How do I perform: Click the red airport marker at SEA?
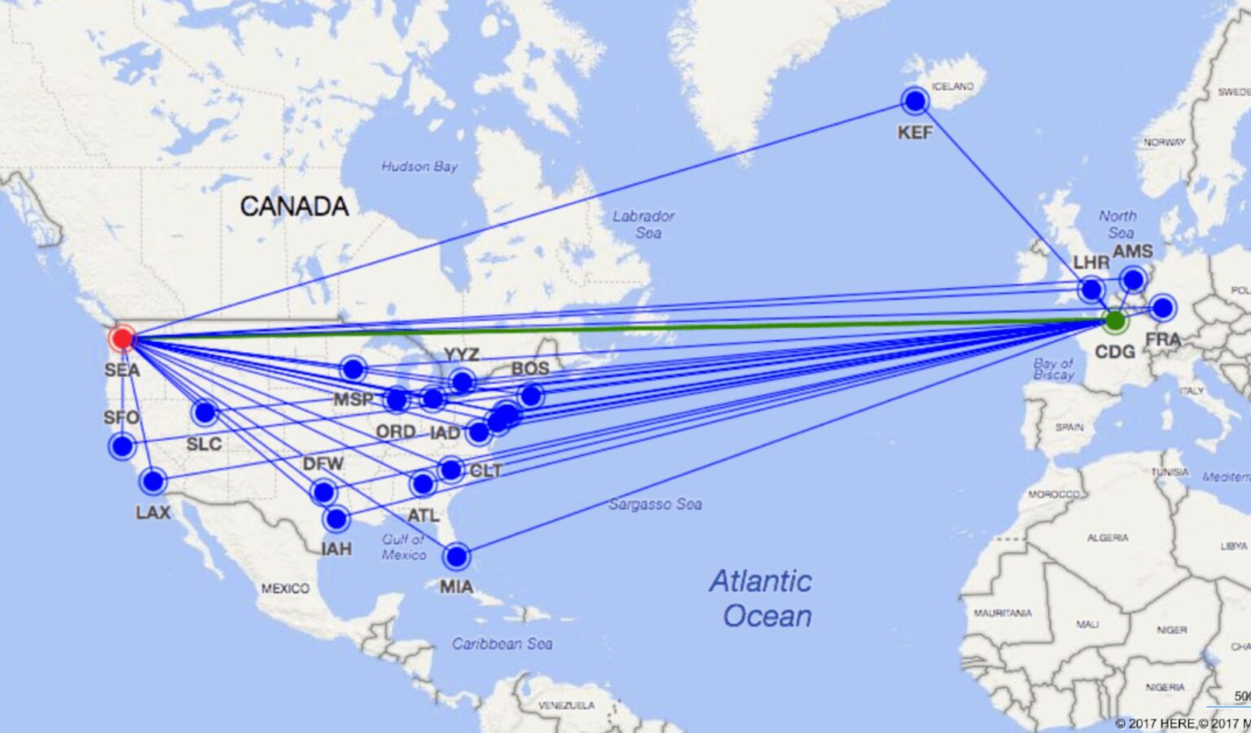tap(122, 337)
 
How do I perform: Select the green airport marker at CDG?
tap(1115, 320)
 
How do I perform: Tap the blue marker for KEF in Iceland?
tap(915, 101)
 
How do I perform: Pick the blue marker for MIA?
tap(457, 556)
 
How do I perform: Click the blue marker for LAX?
tap(152, 481)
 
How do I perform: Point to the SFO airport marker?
tap(122, 446)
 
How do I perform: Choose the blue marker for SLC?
tap(205, 413)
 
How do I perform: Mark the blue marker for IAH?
tap(336, 519)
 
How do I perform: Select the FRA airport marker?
tap(1162, 308)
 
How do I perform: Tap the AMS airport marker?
tap(1133, 280)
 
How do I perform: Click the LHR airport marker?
tap(1091, 289)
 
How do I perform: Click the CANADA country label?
tap(294, 207)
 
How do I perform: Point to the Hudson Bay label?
tap(419, 166)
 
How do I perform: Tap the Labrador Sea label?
tap(643, 224)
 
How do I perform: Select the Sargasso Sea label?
tap(655, 504)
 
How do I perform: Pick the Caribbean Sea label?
tap(502, 643)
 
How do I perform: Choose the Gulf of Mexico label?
tap(404, 546)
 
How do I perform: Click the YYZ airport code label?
tap(461, 354)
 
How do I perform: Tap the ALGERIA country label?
tap(1108, 538)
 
